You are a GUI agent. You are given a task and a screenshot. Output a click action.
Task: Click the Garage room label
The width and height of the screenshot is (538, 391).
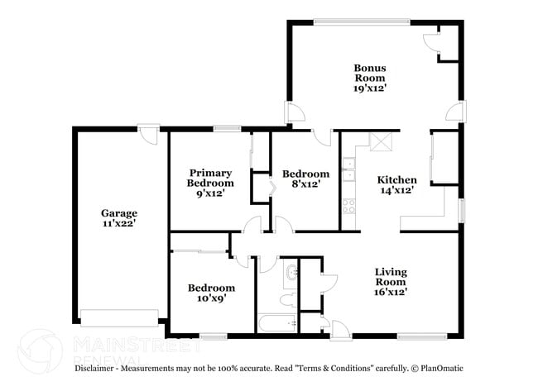pyautogui.click(x=119, y=213)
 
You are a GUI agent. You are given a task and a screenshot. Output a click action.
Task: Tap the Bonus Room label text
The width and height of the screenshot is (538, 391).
pyautogui.click(x=370, y=73)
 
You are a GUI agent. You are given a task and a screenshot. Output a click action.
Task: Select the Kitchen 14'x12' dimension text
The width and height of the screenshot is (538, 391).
pyautogui.click(x=397, y=190)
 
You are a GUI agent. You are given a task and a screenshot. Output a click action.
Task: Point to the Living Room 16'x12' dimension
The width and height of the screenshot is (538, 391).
pyautogui.click(x=391, y=292)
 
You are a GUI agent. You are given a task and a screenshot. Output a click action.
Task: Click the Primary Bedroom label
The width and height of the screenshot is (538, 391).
pyautogui.click(x=210, y=178)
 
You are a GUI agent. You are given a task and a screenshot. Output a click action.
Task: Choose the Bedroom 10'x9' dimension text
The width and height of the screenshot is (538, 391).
pyautogui.click(x=211, y=298)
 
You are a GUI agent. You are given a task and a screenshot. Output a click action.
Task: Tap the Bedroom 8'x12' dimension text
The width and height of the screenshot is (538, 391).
pyautogui.click(x=305, y=184)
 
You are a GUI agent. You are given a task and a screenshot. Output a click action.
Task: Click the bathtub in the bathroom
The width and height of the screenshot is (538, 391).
pyautogui.click(x=277, y=323)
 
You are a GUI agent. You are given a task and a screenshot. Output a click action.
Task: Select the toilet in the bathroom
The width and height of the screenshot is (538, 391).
pyautogui.click(x=289, y=300)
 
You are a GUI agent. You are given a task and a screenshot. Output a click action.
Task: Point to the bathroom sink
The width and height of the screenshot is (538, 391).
pyautogui.click(x=291, y=273)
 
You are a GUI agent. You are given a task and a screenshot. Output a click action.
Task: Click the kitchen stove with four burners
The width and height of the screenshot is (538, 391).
pyautogui.click(x=349, y=207)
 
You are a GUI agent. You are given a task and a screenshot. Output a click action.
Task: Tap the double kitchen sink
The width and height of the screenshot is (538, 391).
pyautogui.click(x=349, y=169)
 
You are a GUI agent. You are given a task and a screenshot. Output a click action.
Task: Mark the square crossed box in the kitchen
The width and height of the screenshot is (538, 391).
pyautogui.click(x=381, y=142)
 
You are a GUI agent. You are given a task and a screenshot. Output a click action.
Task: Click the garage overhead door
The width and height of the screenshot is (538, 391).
pyautogui.click(x=119, y=318)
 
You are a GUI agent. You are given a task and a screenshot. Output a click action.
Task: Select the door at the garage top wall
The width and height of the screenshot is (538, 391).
pyautogui.click(x=148, y=134)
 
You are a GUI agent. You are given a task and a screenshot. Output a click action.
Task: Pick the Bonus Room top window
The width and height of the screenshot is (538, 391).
pyautogui.click(x=362, y=22)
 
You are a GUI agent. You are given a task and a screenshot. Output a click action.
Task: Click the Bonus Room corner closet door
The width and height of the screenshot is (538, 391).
pyautogui.click(x=432, y=44)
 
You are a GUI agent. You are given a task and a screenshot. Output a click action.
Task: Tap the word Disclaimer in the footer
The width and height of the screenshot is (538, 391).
pyautogui.click(x=94, y=369)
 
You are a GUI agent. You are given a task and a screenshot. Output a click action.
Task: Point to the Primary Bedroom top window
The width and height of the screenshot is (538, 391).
pyautogui.click(x=228, y=128)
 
